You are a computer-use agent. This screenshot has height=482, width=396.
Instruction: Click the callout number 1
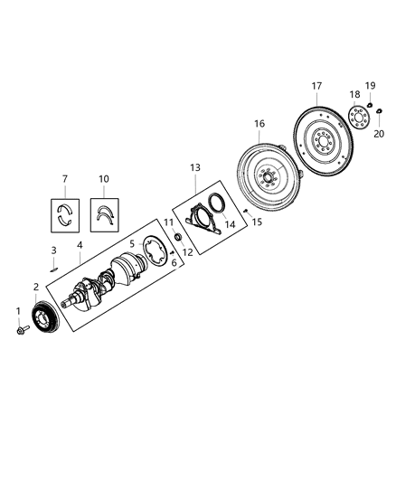(x=16, y=312)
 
